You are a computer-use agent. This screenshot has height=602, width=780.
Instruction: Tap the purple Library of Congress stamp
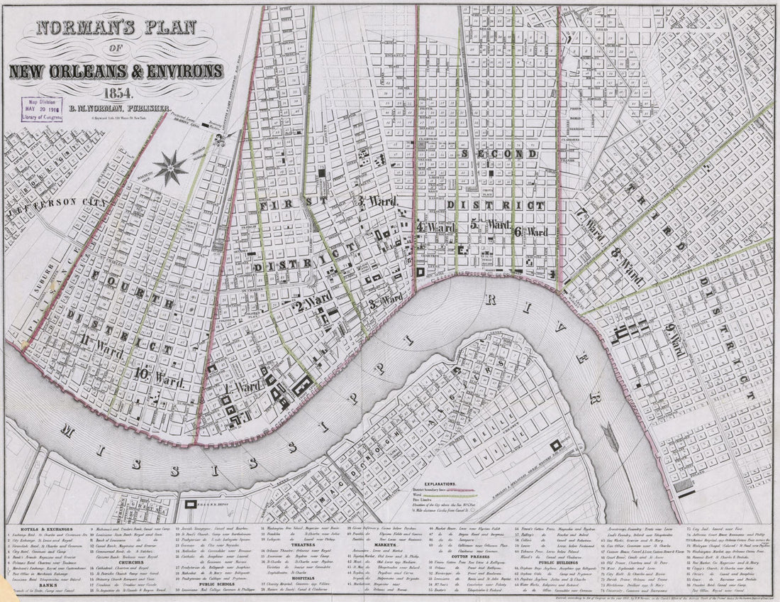click(x=41, y=109)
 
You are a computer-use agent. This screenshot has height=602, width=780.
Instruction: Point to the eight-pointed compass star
click(x=171, y=168)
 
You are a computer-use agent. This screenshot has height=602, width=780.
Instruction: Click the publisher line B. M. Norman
click(x=134, y=107)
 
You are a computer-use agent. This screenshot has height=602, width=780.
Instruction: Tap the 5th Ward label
click(x=490, y=226)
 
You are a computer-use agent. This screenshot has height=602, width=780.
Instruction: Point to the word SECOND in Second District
click(x=490, y=154)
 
